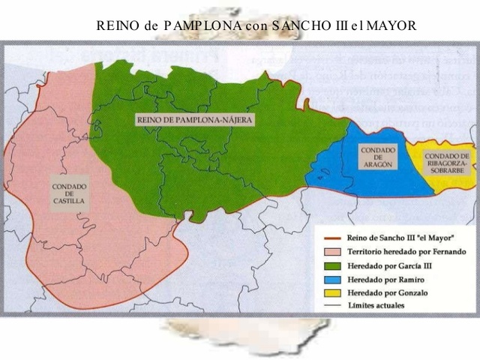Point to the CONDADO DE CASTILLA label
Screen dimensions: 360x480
click(x=69, y=194)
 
